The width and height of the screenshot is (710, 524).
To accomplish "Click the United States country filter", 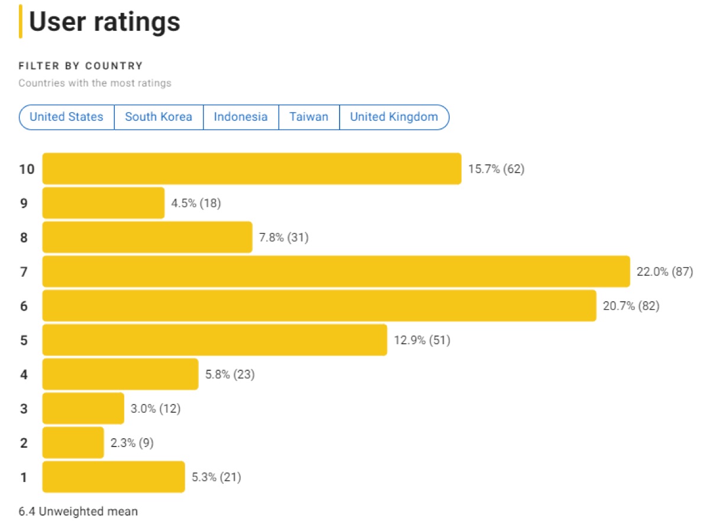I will tap(66, 117).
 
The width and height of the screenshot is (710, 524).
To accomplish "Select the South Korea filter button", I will tap(159, 117).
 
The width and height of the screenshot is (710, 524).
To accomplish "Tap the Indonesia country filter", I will tap(241, 117).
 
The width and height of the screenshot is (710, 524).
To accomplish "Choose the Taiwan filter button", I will tap(309, 117).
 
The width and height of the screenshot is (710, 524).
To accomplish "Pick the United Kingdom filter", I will tap(394, 117).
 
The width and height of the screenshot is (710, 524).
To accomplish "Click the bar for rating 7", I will tap(336, 271).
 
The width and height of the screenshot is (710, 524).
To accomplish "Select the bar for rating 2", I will tap(73, 442).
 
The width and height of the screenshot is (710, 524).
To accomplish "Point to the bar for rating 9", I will tap(104, 203).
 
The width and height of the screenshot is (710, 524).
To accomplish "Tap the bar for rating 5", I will tap(215, 340).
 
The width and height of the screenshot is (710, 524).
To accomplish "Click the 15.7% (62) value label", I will tap(496, 169).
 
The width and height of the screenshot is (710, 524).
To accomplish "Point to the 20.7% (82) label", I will tap(631, 306).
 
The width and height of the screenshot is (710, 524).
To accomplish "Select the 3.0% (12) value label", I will tap(156, 409).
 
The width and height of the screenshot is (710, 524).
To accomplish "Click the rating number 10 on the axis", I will tap(27, 169).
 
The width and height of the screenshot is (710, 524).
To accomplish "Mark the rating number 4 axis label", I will tap(24, 374).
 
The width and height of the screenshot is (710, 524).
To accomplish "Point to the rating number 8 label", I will tap(24, 238).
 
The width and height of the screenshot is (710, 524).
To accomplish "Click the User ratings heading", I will tap(105, 22).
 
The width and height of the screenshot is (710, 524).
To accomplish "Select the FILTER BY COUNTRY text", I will tap(80, 66).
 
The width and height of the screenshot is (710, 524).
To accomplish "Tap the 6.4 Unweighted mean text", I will tap(78, 511).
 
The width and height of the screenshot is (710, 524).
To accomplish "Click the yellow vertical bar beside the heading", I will tap(21, 21).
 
